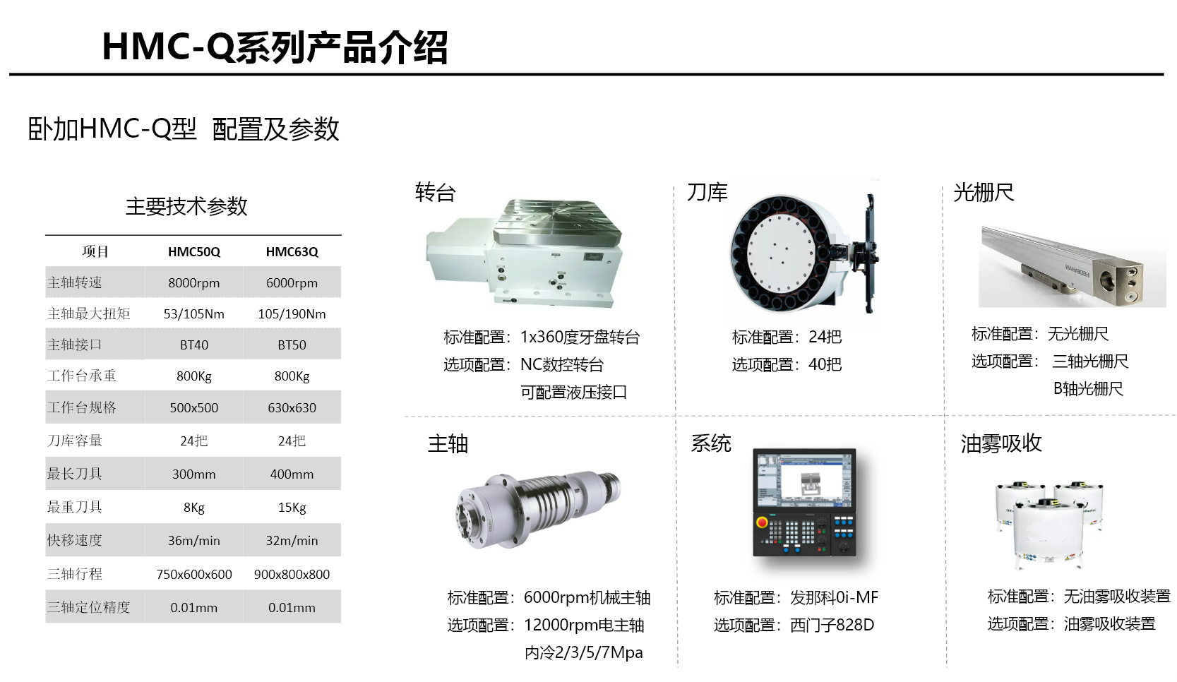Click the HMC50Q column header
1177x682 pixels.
194,251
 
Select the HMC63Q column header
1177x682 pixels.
292,251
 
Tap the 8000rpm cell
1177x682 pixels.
194,283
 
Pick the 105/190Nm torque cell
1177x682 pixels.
292,314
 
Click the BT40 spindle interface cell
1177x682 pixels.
194,345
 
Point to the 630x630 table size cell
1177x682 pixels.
292,408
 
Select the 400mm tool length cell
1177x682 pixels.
292,474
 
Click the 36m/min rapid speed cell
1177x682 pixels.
194,541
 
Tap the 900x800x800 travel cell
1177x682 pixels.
292,574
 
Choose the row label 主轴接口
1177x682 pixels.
75,345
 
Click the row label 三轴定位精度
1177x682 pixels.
88,607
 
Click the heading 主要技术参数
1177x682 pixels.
186,206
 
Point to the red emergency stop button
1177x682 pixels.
762,522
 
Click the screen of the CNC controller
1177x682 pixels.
804,481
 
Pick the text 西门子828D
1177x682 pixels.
832,626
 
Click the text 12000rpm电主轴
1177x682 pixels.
584,626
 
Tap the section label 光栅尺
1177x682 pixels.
984,192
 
